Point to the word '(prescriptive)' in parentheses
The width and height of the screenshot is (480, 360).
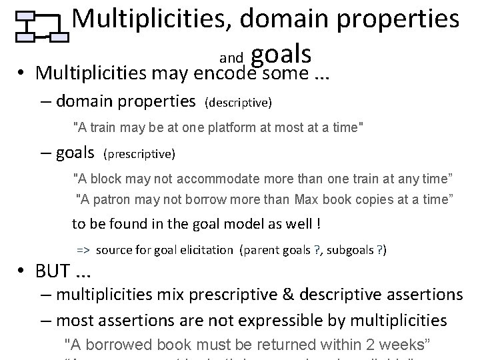(139, 155)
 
